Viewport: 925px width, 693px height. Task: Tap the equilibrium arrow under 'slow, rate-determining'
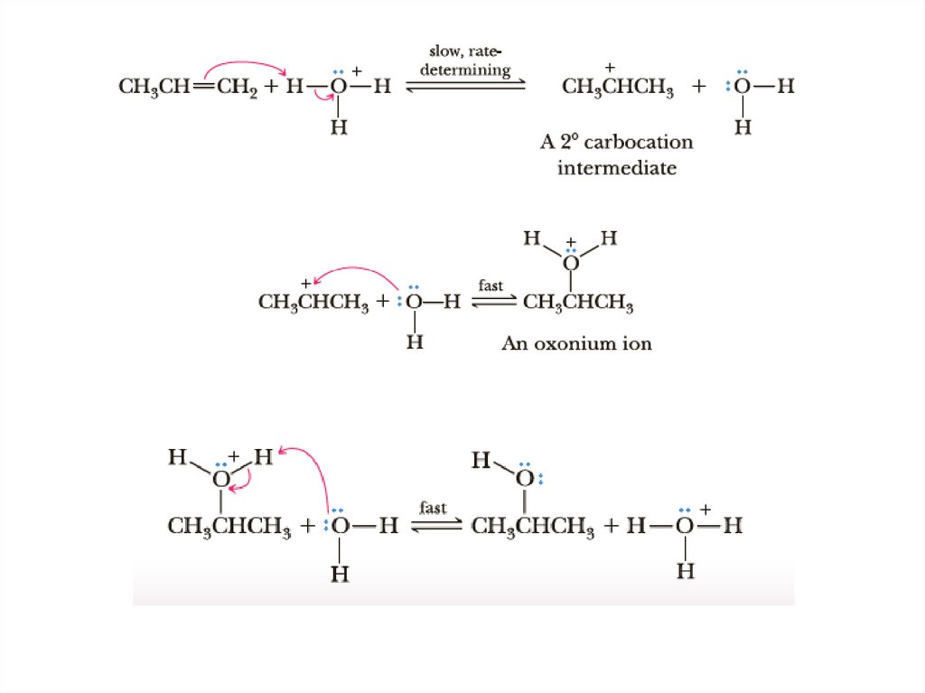coord(466,87)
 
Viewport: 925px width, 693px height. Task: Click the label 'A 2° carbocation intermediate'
coord(617,155)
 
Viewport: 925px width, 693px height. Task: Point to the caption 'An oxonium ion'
coord(576,343)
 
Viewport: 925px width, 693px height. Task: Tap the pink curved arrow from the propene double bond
coord(244,66)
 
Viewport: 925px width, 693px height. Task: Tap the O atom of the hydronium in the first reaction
coord(338,88)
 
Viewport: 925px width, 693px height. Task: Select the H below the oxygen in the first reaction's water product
coord(742,127)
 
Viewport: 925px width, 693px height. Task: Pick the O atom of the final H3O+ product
coord(687,526)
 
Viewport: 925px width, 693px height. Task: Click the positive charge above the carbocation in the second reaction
coord(306,283)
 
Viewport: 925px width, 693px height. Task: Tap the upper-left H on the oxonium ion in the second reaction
coord(532,239)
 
